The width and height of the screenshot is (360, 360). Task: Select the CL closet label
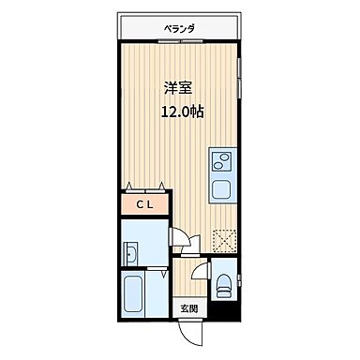tap(144, 204)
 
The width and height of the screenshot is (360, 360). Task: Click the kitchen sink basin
tap(224, 187)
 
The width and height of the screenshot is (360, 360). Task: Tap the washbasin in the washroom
tap(132, 254)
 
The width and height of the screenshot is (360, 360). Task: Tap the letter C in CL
tap(139, 204)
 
